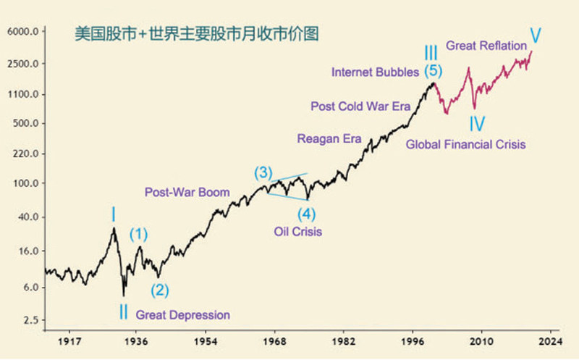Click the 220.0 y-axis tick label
tap(25, 154)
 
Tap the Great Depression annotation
tap(182, 315)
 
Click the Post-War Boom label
tap(187, 193)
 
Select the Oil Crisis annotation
tap(297, 233)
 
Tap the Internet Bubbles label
tap(375, 72)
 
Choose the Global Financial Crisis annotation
tap(465, 144)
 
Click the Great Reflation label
tap(486, 46)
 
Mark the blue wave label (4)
tap(308, 214)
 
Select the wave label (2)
tap(159, 290)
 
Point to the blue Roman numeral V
tap(536, 34)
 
